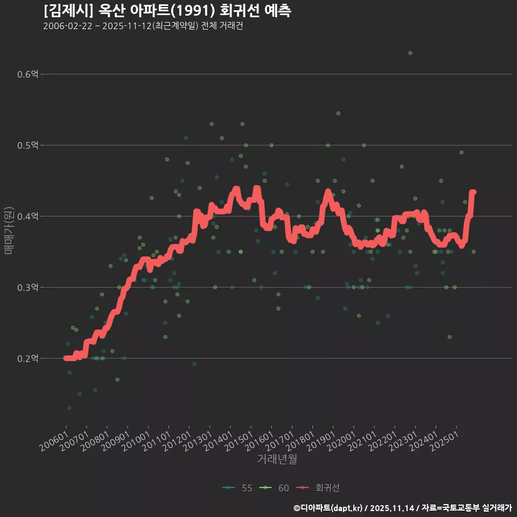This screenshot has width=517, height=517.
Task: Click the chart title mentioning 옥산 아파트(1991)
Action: coord(167,11)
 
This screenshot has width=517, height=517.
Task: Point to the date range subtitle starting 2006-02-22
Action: coord(143,26)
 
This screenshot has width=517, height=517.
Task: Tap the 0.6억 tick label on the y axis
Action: coord(27,74)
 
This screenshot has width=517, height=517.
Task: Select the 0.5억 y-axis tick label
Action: coord(27,145)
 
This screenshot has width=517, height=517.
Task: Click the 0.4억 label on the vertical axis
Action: coord(27,216)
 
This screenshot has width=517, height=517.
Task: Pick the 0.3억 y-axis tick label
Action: coord(27,288)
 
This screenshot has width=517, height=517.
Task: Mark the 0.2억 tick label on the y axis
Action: coord(27,359)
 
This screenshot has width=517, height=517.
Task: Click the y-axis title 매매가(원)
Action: coord(9,230)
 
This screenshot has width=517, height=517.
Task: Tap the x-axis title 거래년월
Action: coord(277,459)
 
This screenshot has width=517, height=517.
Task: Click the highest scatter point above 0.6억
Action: coord(410,53)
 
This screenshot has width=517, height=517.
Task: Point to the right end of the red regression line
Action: coord(473,192)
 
